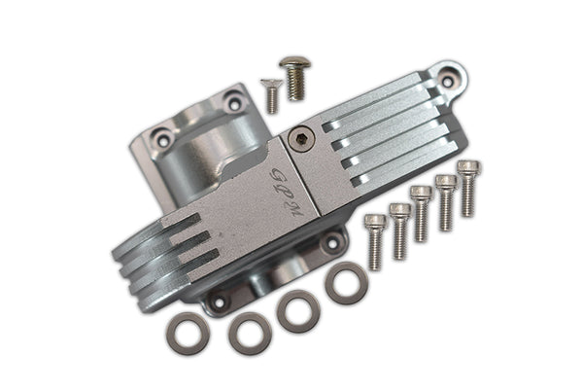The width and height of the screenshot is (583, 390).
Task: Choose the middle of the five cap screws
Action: [x=421, y=212]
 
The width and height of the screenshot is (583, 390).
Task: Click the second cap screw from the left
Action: [x=399, y=230]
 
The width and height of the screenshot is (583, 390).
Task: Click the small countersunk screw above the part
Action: [x=271, y=94]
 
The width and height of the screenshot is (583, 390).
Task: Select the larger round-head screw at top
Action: [x=293, y=77]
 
